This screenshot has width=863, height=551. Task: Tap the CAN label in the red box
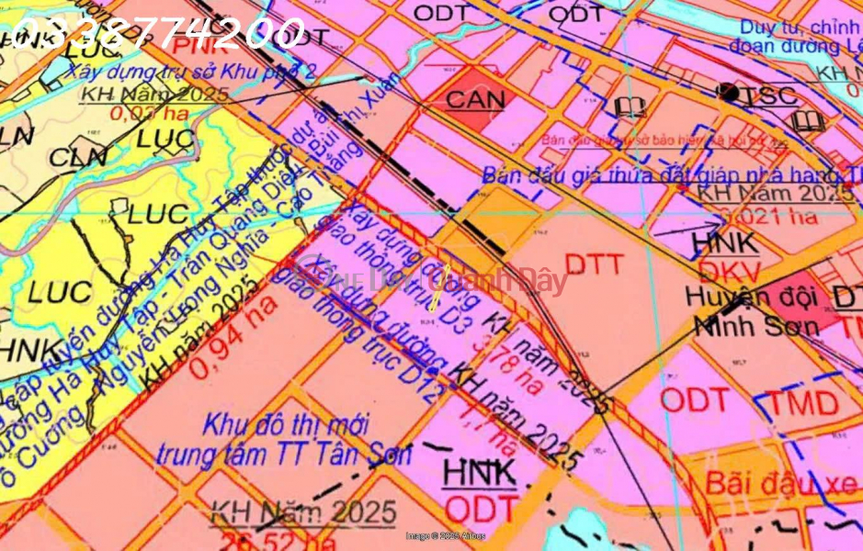click(x=475, y=100)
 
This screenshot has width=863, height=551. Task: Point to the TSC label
click(x=771, y=95)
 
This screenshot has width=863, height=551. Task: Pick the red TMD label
click(x=805, y=402)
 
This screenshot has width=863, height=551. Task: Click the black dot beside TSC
click(x=729, y=91)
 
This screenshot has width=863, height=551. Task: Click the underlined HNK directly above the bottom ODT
click(x=480, y=472)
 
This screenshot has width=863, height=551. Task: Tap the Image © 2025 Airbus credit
click(x=445, y=535)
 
